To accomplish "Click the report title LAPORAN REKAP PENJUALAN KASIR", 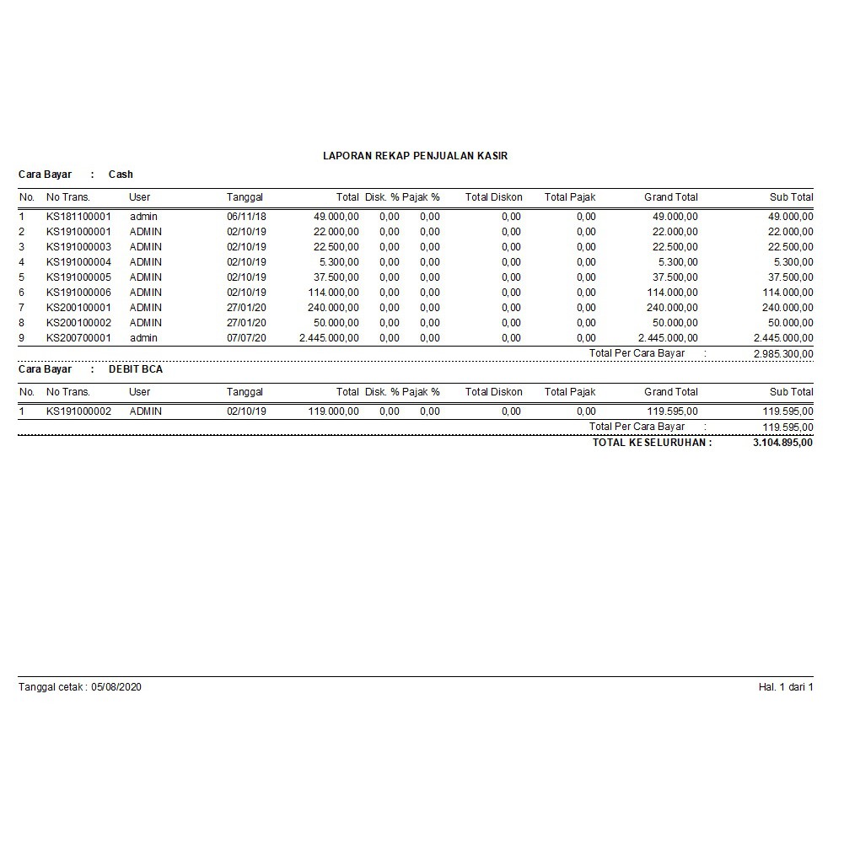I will (x=415, y=156).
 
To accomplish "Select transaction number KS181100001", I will (x=78, y=217).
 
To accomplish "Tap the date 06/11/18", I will (x=246, y=217).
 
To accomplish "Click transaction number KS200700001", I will (x=78, y=338).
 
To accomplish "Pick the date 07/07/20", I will (x=246, y=338).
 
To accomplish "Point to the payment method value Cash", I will (x=121, y=175).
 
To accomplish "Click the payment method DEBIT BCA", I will (x=136, y=369).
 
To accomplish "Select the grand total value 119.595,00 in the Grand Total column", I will (x=672, y=411).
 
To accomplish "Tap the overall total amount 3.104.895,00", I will (x=782, y=443).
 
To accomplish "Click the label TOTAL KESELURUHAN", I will (x=651, y=443).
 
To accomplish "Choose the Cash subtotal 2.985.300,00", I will (x=782, y=354).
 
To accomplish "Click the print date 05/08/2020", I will (x=116, y=687).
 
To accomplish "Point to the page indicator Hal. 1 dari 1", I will (x=785, y=687).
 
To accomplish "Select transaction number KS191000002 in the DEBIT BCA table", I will (x=78, y=411).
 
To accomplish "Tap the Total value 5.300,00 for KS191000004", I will (x=339, y=262).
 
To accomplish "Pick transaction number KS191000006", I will (x=78, y=293).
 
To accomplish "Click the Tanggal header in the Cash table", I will (x=245, y=197).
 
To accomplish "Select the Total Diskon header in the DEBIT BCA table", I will (x=493, y=392).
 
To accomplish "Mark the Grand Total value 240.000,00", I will (x=672, y=308).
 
